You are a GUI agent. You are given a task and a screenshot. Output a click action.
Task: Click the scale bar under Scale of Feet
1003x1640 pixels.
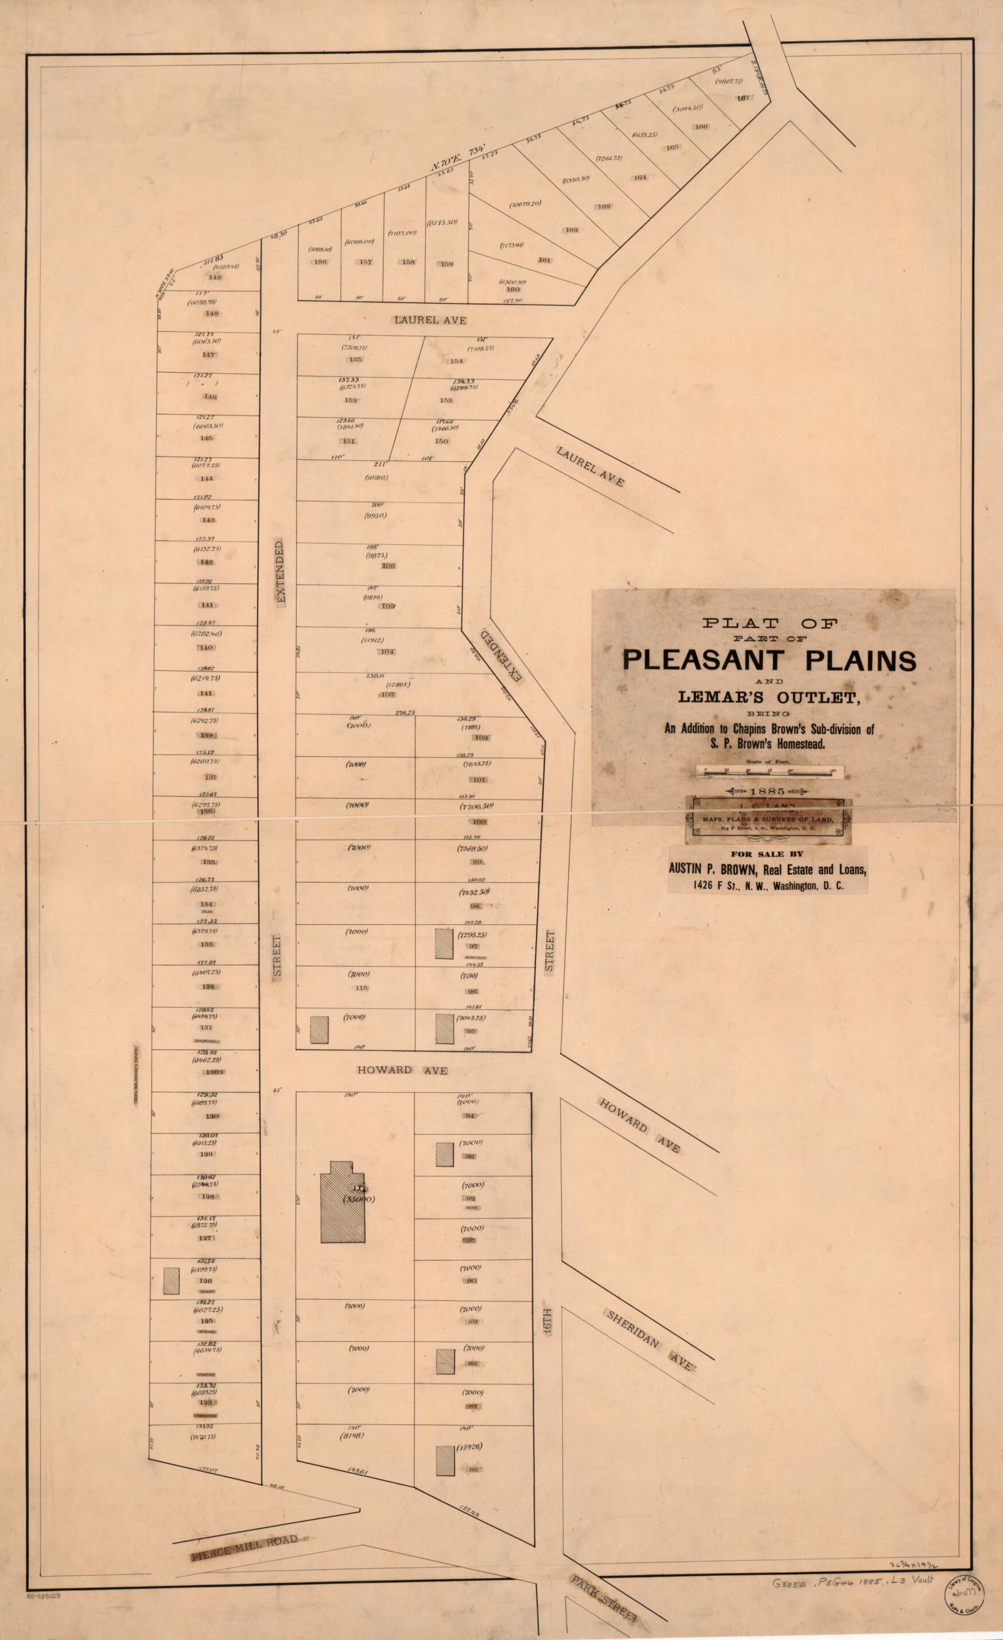pos(769,772)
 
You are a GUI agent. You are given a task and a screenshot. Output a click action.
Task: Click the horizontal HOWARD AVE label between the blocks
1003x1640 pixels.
pos(402,1070)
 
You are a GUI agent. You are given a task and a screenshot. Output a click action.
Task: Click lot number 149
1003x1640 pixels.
pos(215,277)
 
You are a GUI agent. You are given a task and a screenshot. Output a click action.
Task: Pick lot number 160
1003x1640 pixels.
pos(512,290)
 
